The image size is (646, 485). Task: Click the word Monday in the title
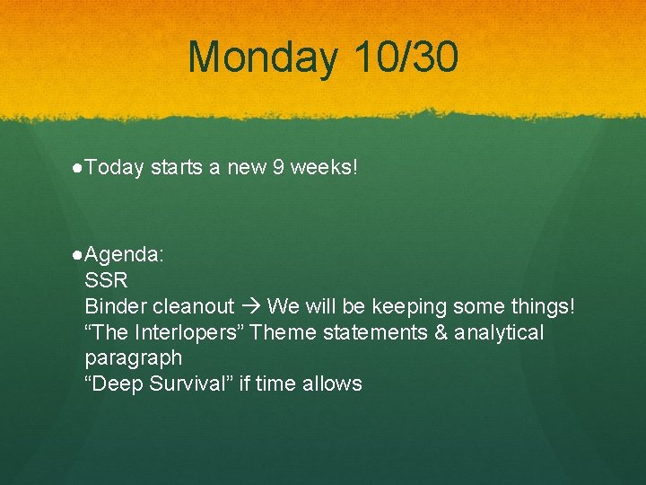pyautogui.click(x=263, y=57)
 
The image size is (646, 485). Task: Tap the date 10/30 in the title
pyautogui.click(x=406, y=57)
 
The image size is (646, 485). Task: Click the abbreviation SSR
pyautogui.click(x=106, y=280)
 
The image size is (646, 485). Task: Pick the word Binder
pyautogui.click(x=113, y=306)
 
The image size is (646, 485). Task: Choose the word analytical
pyautogui.click(x=500, y=332)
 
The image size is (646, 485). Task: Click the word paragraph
pyautogui.click(x=133, y=358)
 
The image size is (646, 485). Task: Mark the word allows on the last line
pyautogui.click(x=333, y=384)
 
